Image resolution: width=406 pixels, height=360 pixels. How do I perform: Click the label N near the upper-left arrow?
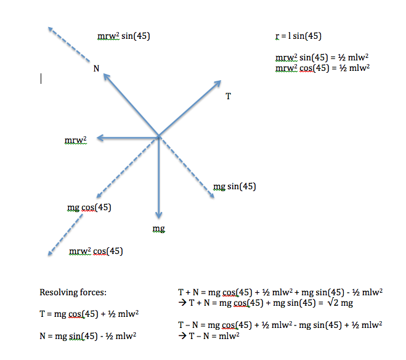pos(96,69)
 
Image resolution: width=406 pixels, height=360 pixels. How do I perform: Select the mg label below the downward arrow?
pos(158,229)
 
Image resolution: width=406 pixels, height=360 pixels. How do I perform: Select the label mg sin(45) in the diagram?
pos(234,186)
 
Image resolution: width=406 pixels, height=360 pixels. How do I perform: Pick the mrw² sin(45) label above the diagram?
pos(124,36)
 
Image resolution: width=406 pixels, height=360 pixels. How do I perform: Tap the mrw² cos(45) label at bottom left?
pos(96,251)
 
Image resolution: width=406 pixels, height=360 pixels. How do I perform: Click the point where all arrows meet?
pos(159,136)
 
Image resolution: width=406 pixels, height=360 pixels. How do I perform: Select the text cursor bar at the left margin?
pos(41,78)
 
